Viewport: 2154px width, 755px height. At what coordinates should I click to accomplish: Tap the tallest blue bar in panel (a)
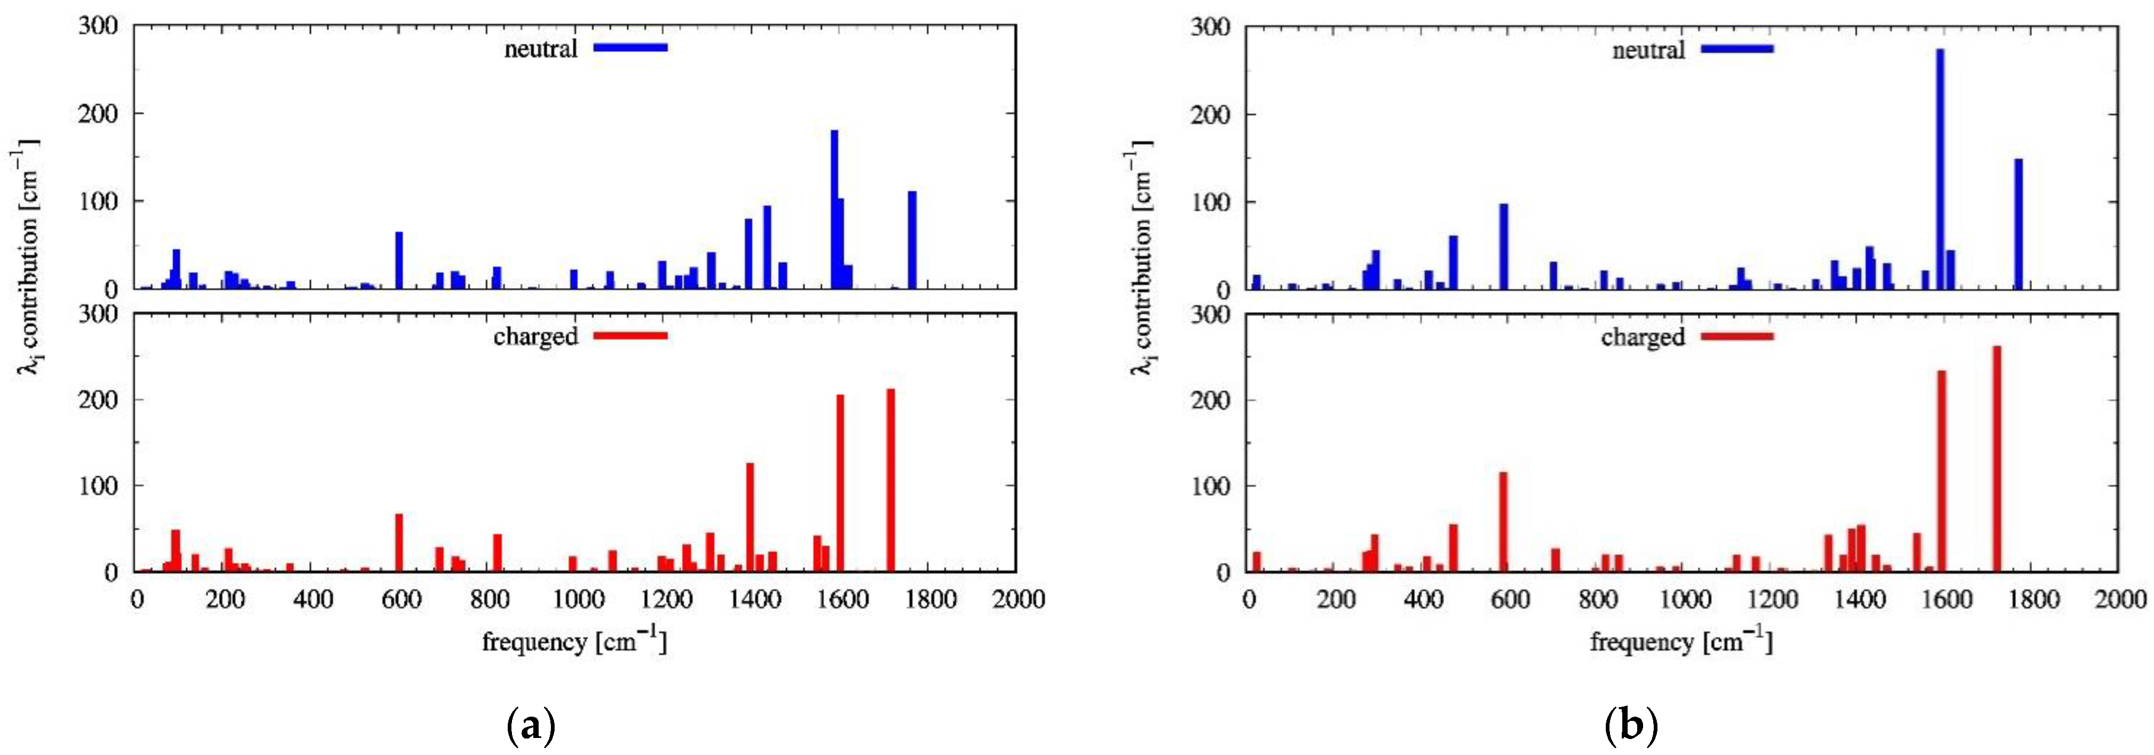click(834, 209)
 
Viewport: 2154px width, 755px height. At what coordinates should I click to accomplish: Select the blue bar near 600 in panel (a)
click(400, 260)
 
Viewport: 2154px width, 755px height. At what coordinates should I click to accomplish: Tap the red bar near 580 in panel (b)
click(1502, 522)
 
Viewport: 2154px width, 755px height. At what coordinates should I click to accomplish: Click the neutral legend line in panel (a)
click(630, 48)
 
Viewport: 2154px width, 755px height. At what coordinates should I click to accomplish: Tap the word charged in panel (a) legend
click(535, 336)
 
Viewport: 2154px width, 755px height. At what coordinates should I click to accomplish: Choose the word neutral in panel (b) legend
click(1648, 50)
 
